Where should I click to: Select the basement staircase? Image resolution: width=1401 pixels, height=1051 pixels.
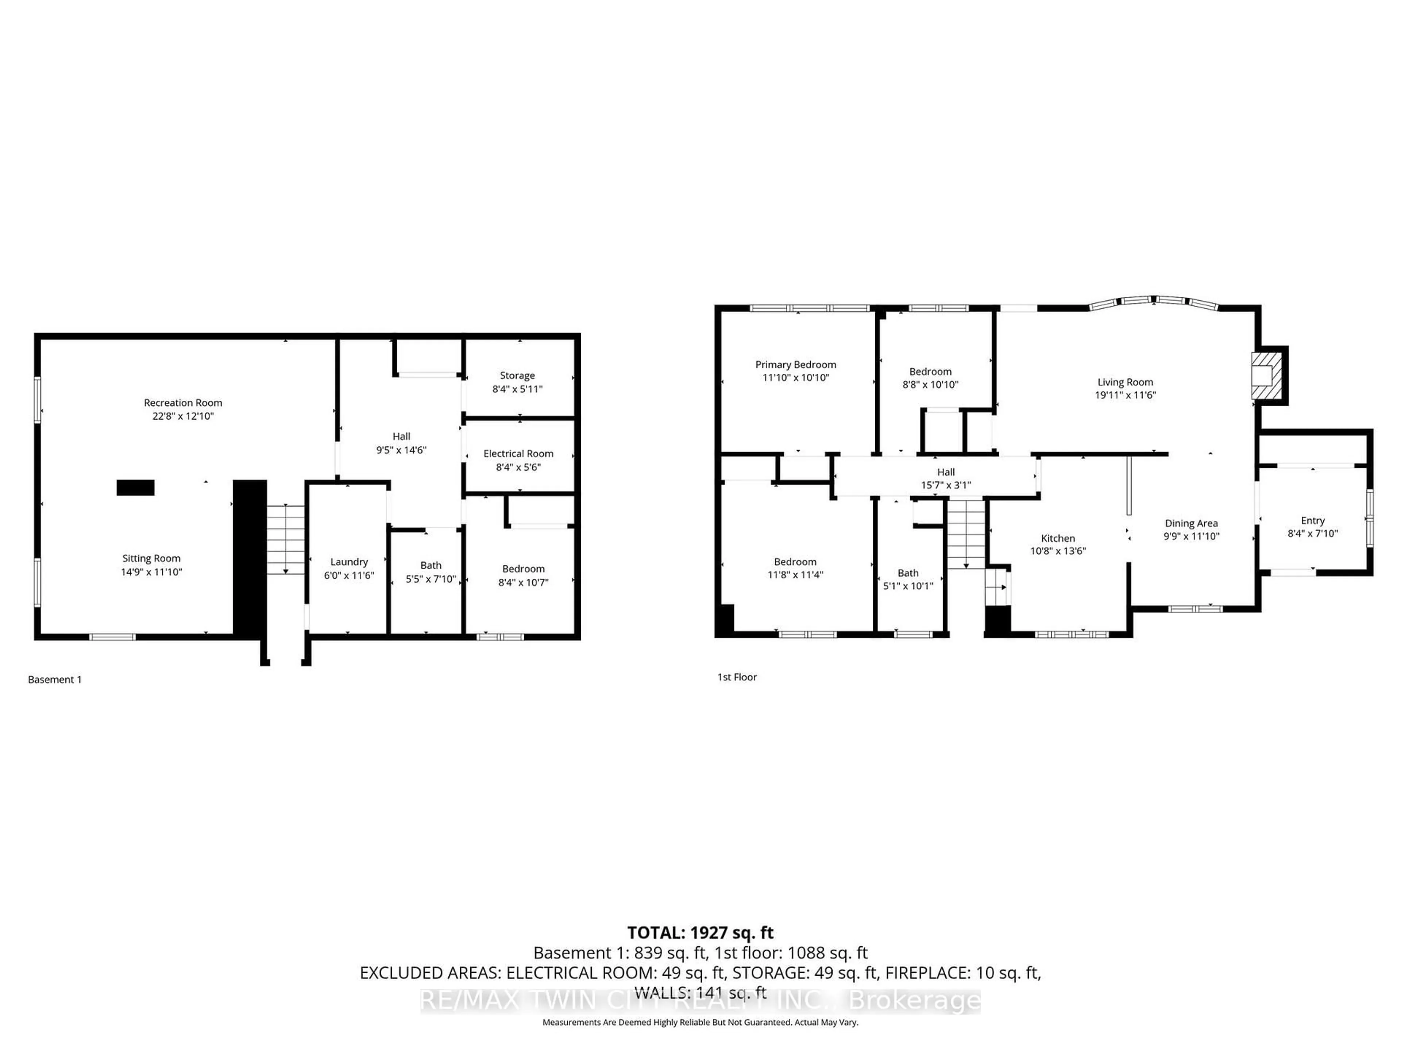[286, 539]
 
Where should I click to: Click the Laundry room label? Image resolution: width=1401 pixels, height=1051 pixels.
[349, 562]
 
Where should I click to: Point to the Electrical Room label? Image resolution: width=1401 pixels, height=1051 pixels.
[518, 454]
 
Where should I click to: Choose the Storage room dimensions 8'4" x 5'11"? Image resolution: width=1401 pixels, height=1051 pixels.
[517, 389]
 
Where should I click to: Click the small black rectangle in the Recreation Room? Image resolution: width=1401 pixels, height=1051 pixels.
[136, 487]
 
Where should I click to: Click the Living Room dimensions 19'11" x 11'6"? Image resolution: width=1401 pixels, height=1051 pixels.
[1126, 395]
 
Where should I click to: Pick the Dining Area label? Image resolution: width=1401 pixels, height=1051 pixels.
[1191, 523]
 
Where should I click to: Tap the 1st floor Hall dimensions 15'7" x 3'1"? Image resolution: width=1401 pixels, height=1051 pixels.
[946, 485]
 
